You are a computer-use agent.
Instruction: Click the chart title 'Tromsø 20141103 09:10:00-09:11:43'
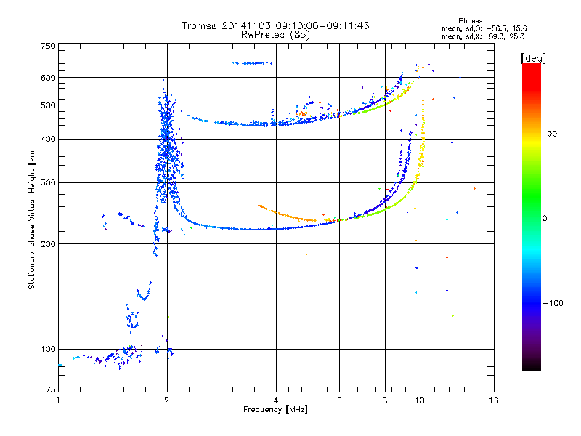(275, 25)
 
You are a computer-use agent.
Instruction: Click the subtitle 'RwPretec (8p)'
(276, 34)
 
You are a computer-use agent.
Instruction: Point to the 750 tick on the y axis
(49, 46)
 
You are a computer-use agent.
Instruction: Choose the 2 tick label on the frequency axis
(167, 400)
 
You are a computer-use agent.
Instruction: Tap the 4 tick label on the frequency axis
(276, 400)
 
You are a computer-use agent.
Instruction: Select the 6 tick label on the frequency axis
(339, 400)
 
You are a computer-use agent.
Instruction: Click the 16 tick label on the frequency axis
(493, 400)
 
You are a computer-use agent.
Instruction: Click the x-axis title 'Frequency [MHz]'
(276, 410)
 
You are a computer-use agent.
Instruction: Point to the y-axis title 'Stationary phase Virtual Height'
(32, 218)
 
